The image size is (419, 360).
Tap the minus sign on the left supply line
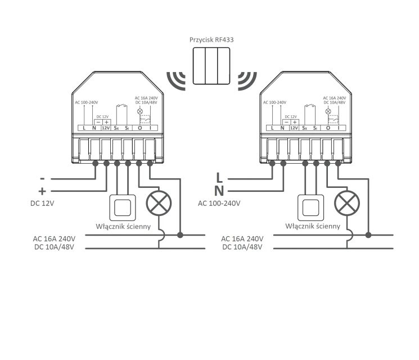[x=42, y=178]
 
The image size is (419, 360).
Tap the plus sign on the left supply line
[x=42, y=190]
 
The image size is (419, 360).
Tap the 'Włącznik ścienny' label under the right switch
[x=312, y=227]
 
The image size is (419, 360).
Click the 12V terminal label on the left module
[x=105, y=128]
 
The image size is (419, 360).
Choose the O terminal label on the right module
[x=327, y=128]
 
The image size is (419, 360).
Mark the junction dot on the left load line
[x=180, y=234]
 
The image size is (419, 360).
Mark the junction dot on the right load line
[x=368, y=234]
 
